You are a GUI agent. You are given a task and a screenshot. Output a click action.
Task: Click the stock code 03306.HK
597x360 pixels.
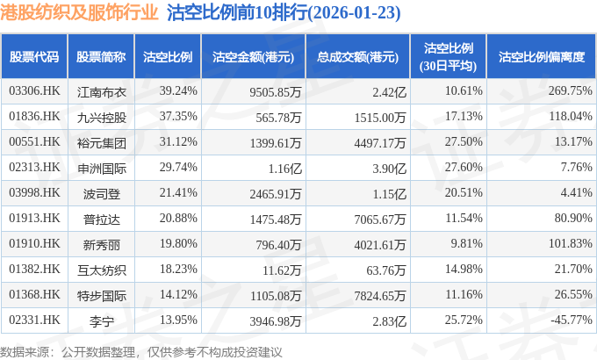pyautogui.click(x=34, y=90)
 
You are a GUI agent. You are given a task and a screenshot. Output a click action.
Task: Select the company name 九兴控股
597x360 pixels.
pyautogui.click(x=101, y=116)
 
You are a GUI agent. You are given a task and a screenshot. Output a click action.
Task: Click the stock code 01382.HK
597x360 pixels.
pyautogui.click(x=34, y=269)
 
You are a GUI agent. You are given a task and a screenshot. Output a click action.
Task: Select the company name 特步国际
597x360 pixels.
pyautogui.click(x=101, y=294)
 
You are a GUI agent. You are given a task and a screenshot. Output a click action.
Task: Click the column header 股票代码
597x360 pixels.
pyautogui.click(x=34, y=56)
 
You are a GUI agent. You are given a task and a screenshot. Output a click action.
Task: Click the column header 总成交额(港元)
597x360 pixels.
pyautogui.click(x=357, y=56)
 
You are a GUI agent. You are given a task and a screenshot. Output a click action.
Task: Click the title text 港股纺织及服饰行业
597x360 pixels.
pyautogui.click(x=80, y=13)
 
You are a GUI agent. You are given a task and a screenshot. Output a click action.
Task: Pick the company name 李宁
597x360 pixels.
pyautogui.click(x=101, y=320)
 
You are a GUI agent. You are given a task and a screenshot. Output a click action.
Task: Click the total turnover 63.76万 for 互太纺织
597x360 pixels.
pyautogui.click(x=384, y=269)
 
